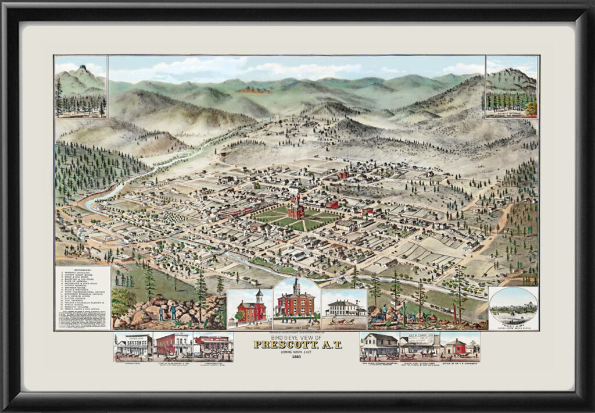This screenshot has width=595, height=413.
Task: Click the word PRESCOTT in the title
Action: pos(297,345)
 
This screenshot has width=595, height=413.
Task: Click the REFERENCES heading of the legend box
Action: pos(83,270)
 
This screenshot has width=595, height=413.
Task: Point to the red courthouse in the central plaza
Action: pos(296,208)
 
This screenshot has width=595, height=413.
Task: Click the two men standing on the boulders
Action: pos(166,311)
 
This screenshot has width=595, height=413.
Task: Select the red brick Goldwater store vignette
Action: pos(173,346)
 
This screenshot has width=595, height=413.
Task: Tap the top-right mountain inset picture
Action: pos(512,87)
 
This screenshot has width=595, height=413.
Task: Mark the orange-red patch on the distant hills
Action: pos(253,90)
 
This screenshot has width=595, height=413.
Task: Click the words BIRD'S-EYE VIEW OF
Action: pos(297,337)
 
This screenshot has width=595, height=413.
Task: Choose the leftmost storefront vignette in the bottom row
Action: pos(133,347)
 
